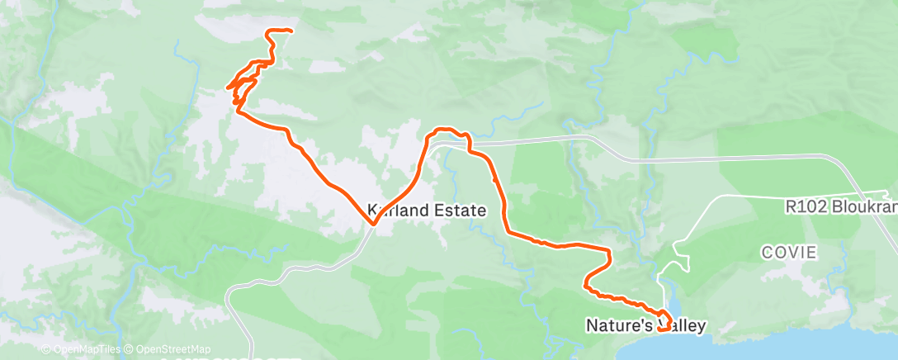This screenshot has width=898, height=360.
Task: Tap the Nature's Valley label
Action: [646, 325]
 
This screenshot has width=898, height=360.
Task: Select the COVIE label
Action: [789, 253]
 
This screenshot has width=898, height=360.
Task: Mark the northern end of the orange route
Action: [291, 31]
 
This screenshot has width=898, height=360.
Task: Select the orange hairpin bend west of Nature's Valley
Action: [587, 286]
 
